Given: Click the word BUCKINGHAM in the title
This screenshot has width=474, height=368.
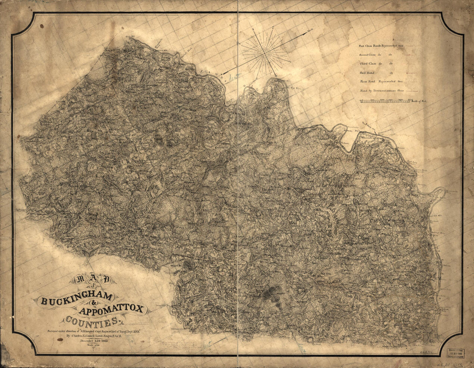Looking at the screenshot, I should (x=76, y=298).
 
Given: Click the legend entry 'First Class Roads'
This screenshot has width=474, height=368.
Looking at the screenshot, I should (x=379, y=45).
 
